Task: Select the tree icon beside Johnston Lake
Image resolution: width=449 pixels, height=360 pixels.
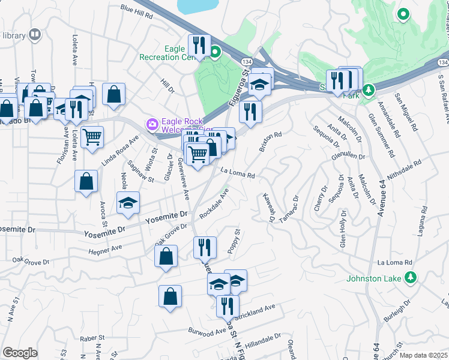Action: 411,277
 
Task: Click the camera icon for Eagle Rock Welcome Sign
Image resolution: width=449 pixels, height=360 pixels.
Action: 152,124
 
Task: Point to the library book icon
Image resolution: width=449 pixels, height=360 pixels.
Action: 35,35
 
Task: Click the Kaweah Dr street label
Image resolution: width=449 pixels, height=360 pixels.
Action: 268,208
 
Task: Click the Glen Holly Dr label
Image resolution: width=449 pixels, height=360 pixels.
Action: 343,229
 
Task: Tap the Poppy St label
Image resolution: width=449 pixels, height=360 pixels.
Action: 233,241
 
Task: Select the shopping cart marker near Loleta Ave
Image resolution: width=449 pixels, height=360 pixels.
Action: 92,137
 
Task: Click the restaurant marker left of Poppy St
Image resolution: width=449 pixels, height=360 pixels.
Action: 205,246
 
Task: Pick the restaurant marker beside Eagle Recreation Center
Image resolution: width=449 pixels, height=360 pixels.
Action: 199,44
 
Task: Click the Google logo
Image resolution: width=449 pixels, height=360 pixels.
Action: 20,353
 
